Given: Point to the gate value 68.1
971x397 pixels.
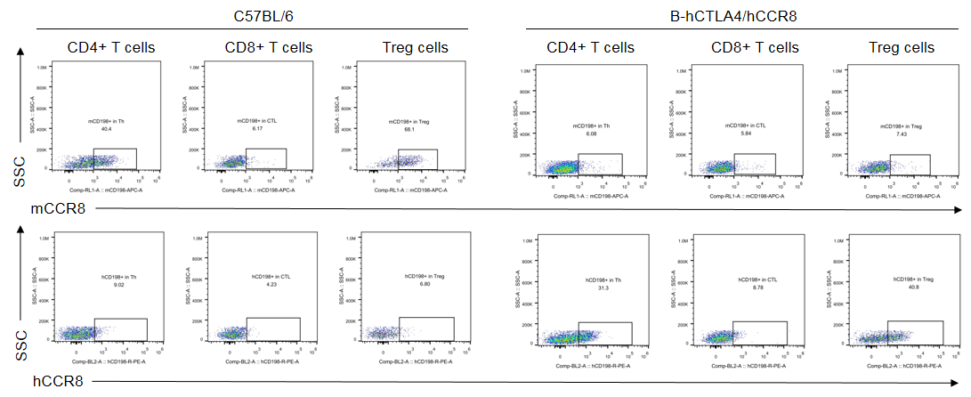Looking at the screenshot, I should click(410, 129).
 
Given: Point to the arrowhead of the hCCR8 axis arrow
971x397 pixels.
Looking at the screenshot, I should click(959, 382).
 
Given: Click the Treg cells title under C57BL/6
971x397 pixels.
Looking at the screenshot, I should click(415, 48).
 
